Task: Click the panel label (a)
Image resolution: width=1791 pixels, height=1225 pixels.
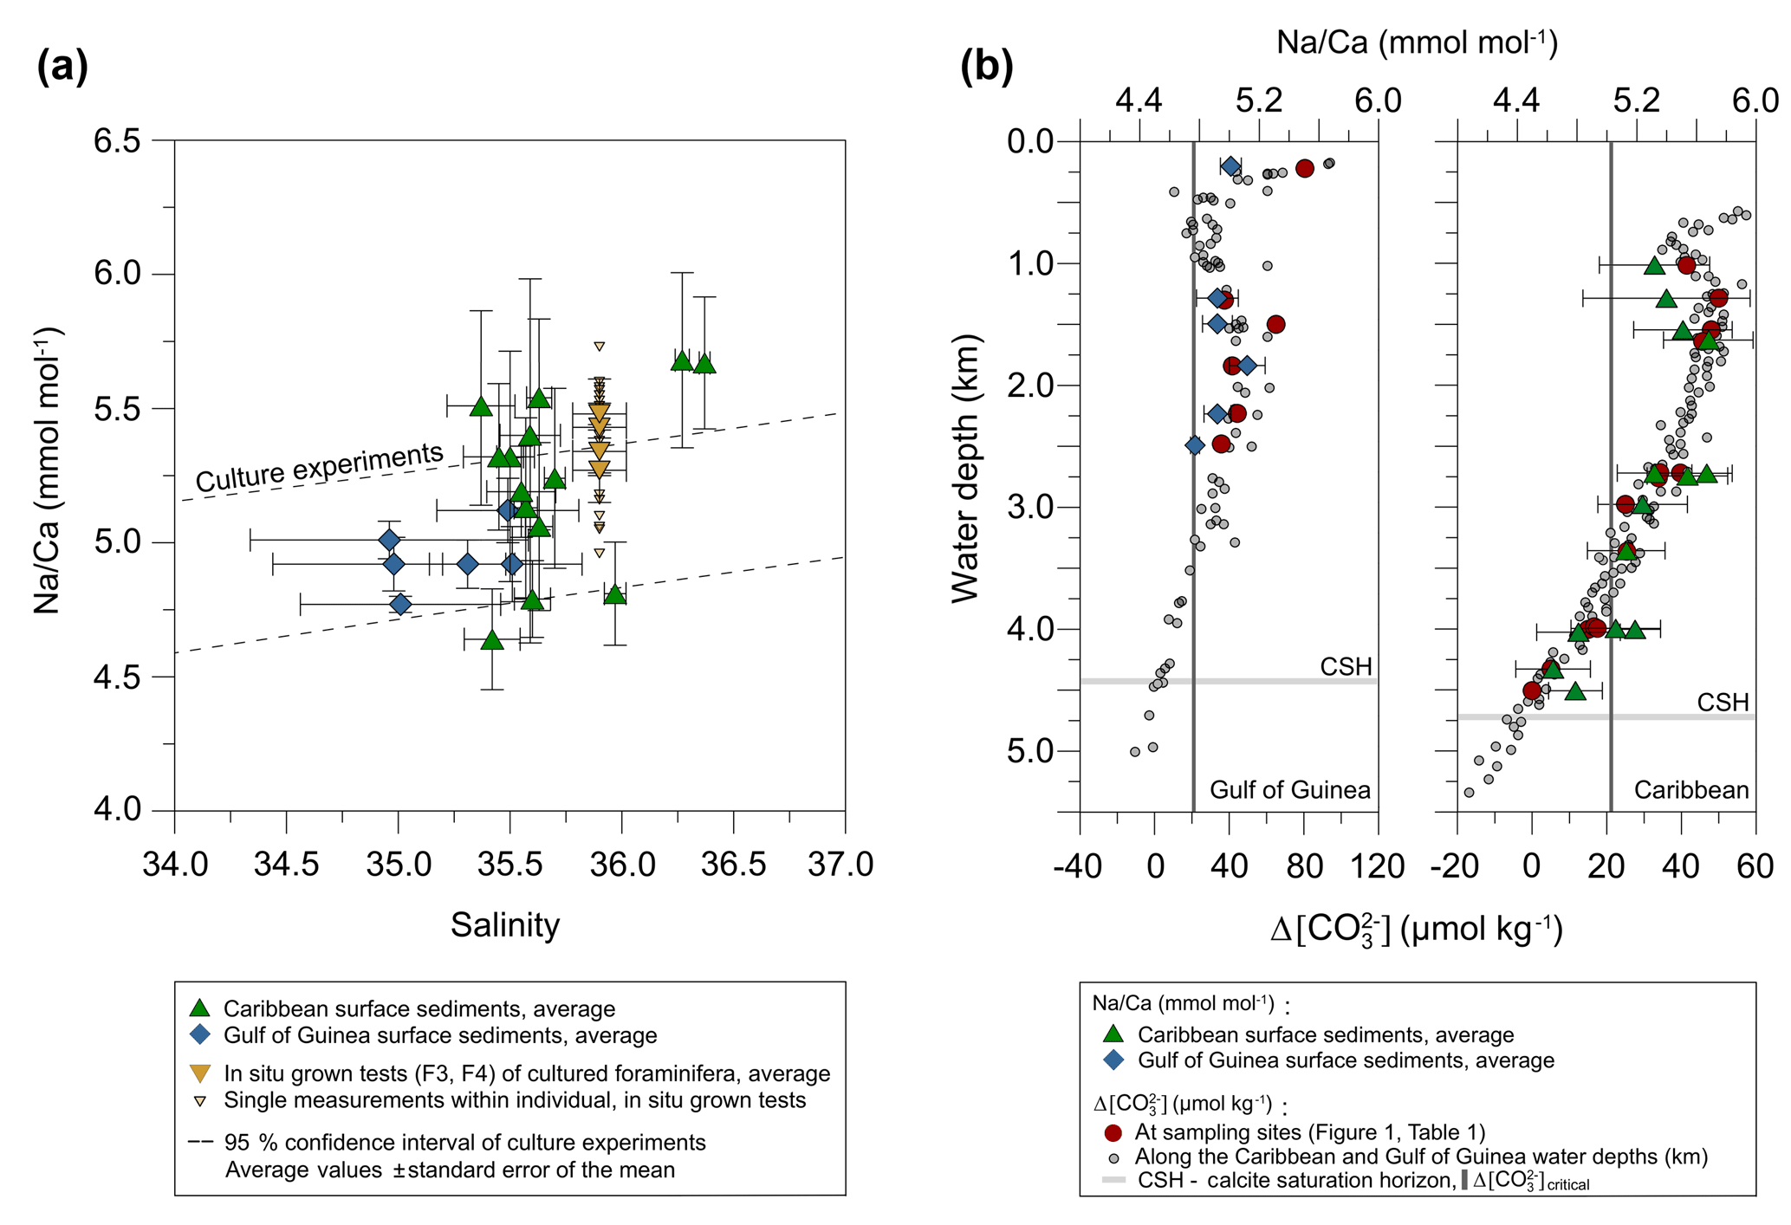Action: (x=62, y=68)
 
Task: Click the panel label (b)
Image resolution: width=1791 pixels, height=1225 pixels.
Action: (x=986, y=68)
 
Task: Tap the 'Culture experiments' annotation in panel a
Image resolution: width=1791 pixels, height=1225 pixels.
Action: (x=319, y=466)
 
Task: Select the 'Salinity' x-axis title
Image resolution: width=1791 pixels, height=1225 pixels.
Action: (x=505, y=925)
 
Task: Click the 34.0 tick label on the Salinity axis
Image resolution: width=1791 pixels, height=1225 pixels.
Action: (x=175, y=865)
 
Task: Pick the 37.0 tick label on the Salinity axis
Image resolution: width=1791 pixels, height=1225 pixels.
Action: (x=845, y=865)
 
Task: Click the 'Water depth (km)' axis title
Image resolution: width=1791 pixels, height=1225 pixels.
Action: (x=965, y=468)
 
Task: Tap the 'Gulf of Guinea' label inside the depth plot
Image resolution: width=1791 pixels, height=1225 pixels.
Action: (x=1289, y=790)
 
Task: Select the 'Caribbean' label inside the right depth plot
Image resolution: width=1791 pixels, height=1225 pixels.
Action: (x=1691, y=790)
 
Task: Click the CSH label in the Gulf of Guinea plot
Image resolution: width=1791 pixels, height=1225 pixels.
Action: (x=1346, y=666)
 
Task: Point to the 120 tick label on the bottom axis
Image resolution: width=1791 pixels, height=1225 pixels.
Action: (x=1378, y=866)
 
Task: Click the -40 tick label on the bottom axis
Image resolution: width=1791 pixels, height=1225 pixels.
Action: (x=1080, y=866)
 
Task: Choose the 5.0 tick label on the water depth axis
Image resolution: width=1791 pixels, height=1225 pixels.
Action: (x=1033, y=751)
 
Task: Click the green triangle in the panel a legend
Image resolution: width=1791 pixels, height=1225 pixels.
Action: (x=200, y=1008)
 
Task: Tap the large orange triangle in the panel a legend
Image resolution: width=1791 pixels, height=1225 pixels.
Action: (x=200, y=1074)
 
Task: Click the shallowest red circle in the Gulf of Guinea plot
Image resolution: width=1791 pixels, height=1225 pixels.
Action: (x=1305, y=169)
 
